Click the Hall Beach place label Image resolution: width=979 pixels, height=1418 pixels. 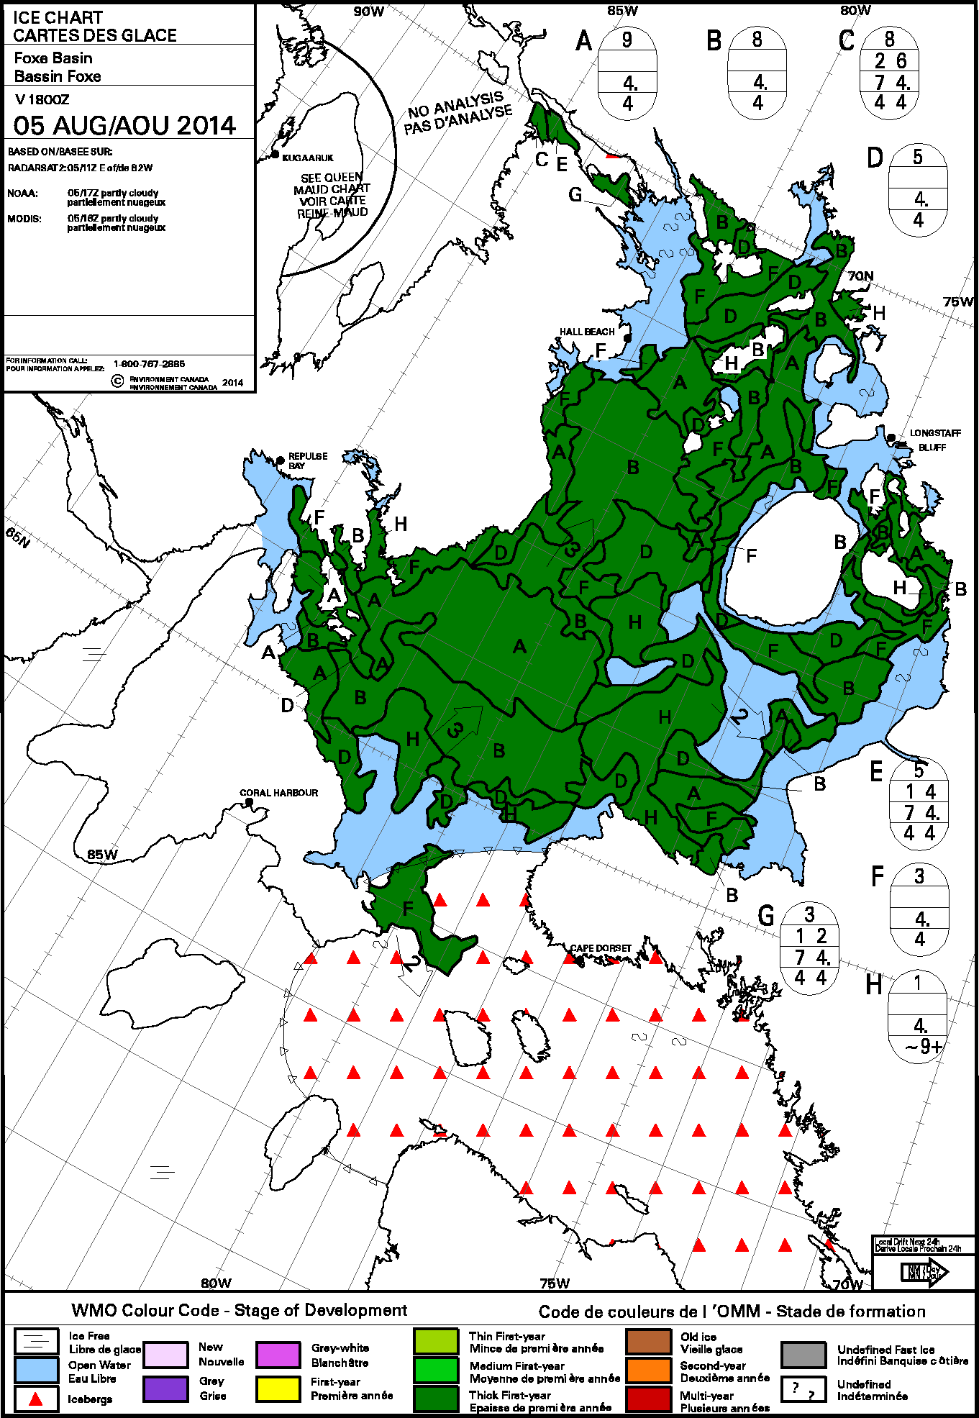(587, 332)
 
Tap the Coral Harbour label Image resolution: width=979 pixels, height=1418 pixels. (278, 793)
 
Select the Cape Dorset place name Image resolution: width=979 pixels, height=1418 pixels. (601, 948)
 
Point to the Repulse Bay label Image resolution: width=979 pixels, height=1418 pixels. (308, 460)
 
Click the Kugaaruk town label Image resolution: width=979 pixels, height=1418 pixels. (308, 158)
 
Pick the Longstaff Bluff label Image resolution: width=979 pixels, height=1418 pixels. (934, 440)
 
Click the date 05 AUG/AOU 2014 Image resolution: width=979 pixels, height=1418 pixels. (124, 126)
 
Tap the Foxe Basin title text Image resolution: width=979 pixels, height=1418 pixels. (53, 58)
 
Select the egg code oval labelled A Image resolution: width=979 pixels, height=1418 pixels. (627, 71)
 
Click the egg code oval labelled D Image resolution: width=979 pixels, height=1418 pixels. (918, 189)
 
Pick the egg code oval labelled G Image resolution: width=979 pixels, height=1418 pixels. (809, 947)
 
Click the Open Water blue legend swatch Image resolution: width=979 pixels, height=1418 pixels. (36, 1369)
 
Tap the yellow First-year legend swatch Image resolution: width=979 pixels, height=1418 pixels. (278, 1389)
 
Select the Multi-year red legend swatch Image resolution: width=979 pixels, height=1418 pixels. (648, 1399)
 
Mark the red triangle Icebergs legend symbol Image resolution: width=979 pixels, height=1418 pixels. (36, 1399)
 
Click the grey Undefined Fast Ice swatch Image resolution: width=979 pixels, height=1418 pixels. (803, 1355)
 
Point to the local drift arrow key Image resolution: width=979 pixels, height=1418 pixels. (924, 1272)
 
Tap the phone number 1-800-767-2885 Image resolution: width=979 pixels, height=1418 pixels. (149, 364)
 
